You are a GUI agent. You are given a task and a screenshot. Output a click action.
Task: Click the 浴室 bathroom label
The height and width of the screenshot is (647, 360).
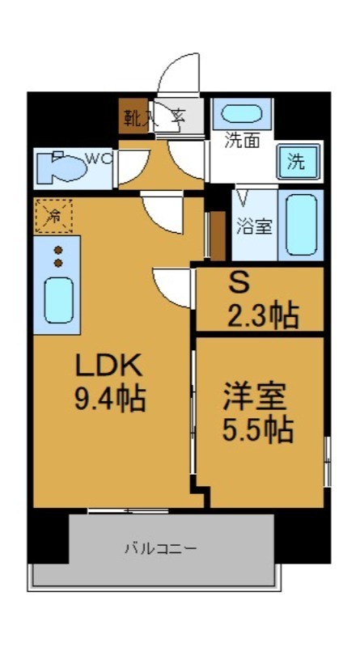254,226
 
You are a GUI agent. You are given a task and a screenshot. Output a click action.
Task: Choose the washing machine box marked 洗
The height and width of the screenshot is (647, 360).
296,162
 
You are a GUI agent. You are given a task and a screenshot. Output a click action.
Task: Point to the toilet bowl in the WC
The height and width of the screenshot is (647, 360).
64,168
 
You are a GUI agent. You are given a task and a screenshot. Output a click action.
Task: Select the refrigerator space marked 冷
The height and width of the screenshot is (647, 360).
53,216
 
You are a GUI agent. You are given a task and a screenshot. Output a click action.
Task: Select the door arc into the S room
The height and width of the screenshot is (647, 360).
172,285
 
